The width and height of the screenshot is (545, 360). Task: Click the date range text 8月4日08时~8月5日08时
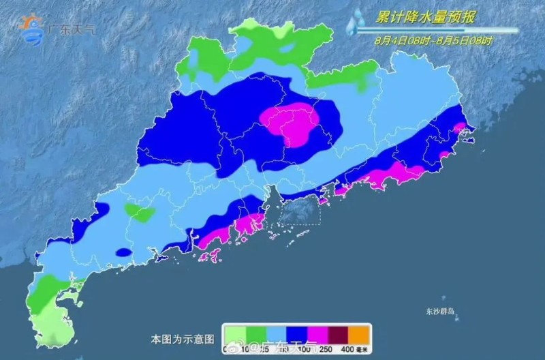coord(433,41)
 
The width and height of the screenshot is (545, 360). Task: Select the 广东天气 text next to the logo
coord(73,29)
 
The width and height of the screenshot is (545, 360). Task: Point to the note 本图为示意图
coord(183,338)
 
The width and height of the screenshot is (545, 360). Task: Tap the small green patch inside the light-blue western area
coord(140,212)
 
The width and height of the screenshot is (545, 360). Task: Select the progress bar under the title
coord(436,30)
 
